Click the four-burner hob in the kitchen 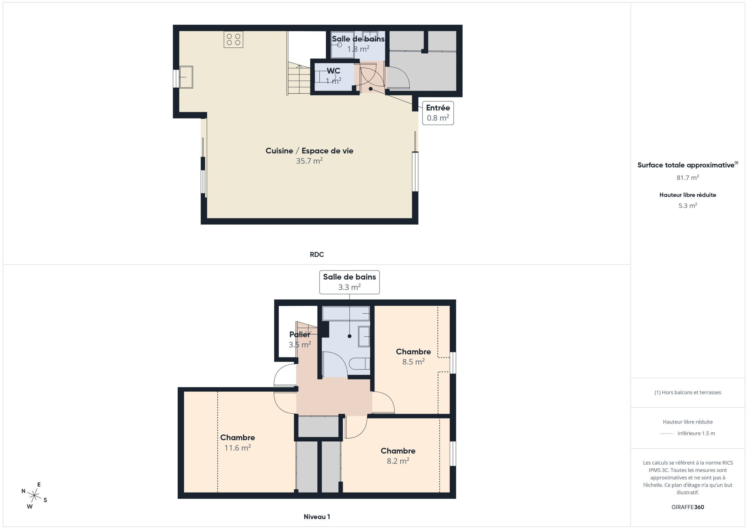click(233, 39)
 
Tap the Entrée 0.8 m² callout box click(438, 113)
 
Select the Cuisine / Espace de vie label click(309, 151)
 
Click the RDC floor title click(317, 255)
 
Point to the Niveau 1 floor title click(317, 517)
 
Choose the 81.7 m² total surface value click(688, 178)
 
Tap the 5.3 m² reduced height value click(688, 206)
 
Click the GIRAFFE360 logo click(688, 507)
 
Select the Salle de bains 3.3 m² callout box click(349, 282)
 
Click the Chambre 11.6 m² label click(238, 443)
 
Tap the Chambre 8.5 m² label click(413, 357)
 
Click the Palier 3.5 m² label click(300, 339)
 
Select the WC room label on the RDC click(333, 71)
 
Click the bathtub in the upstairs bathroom click(346, 313)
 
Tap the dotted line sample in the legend click(667, 433)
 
